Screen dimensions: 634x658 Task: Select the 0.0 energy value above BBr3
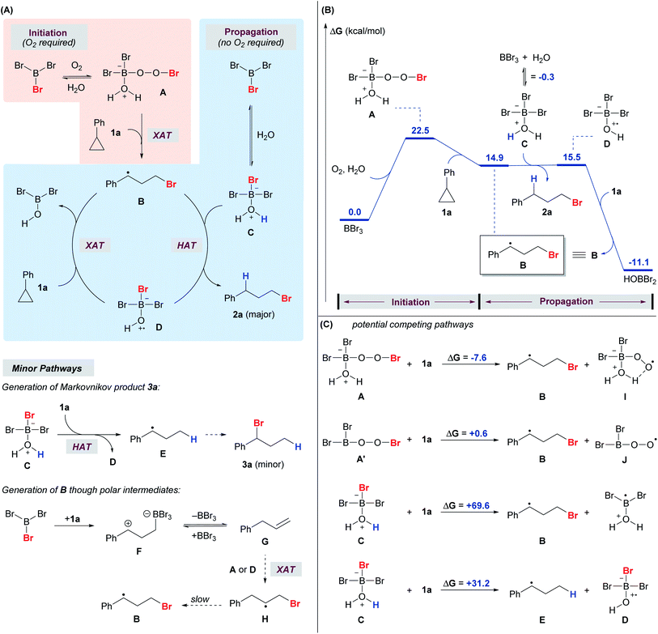pos(354,211)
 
